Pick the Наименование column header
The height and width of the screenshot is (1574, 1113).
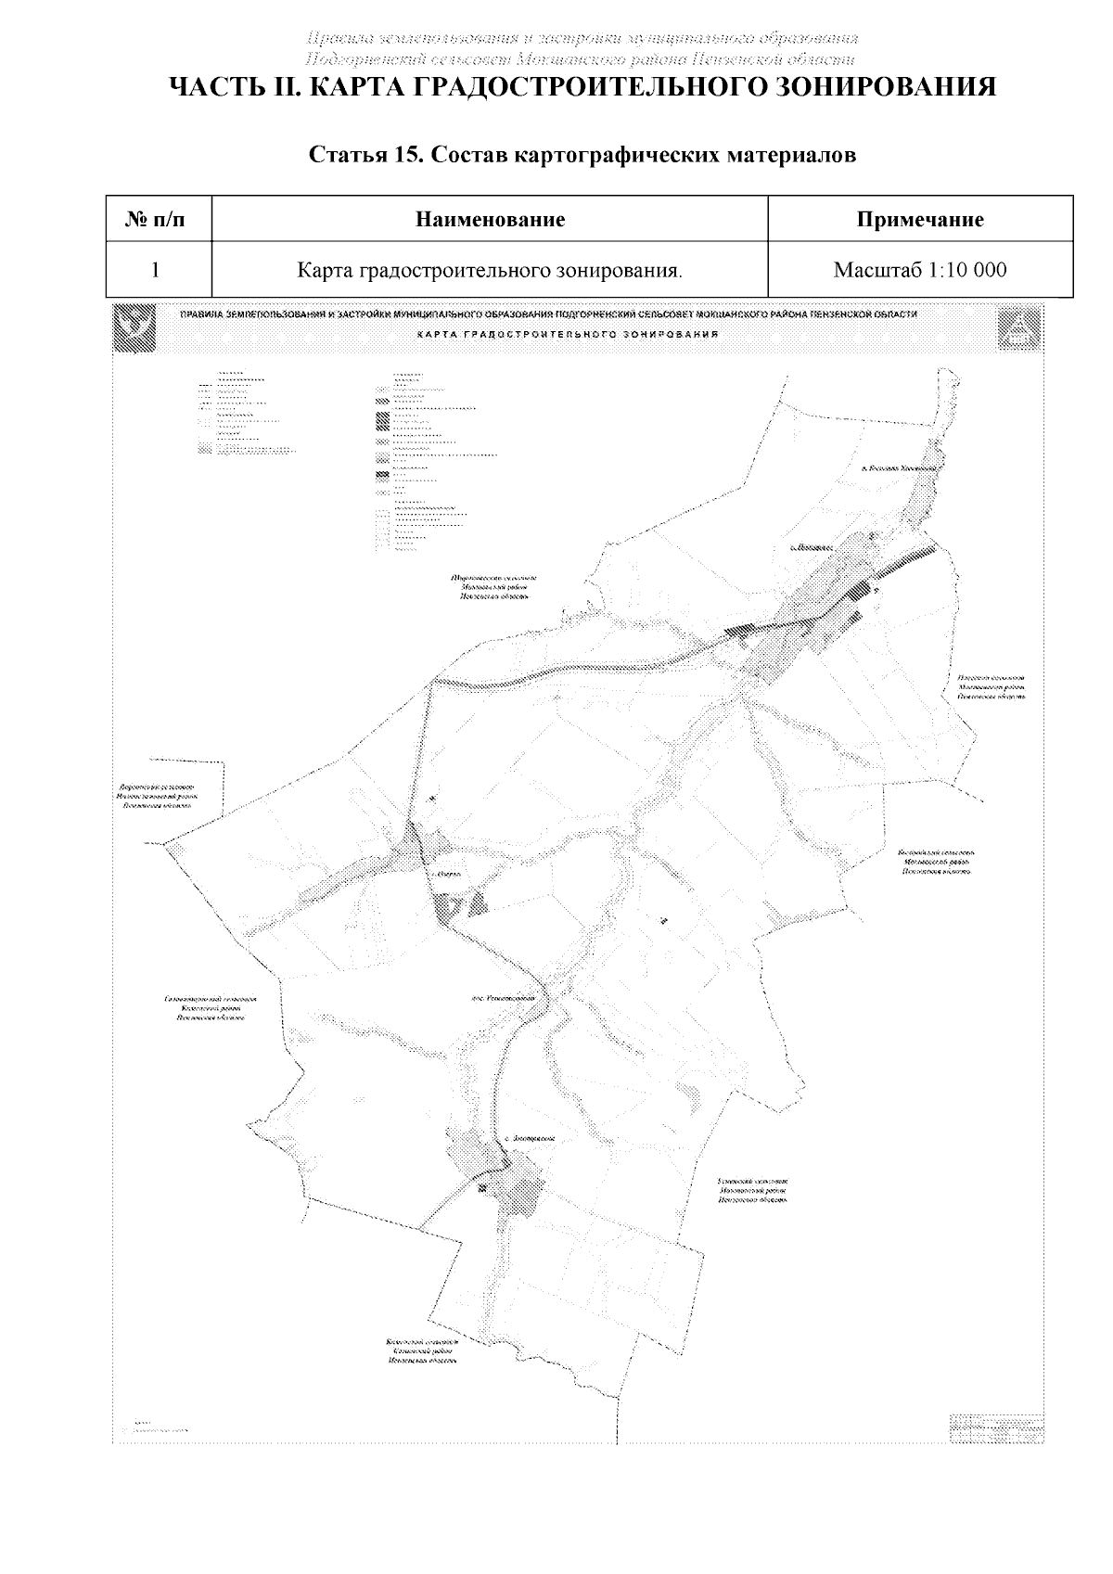pos(490,220)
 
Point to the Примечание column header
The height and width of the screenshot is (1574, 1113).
pos(920,220)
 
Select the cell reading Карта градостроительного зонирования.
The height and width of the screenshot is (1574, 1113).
pos(490,271)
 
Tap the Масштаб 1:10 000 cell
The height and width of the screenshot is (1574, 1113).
pos(920,271)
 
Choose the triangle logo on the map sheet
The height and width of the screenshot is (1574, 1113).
pos(1018,330)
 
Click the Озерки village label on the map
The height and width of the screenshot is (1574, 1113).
pos(447,875)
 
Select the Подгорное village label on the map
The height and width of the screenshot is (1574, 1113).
pos(809,547)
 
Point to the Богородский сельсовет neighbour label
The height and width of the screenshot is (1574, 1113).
pos(937,863)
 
